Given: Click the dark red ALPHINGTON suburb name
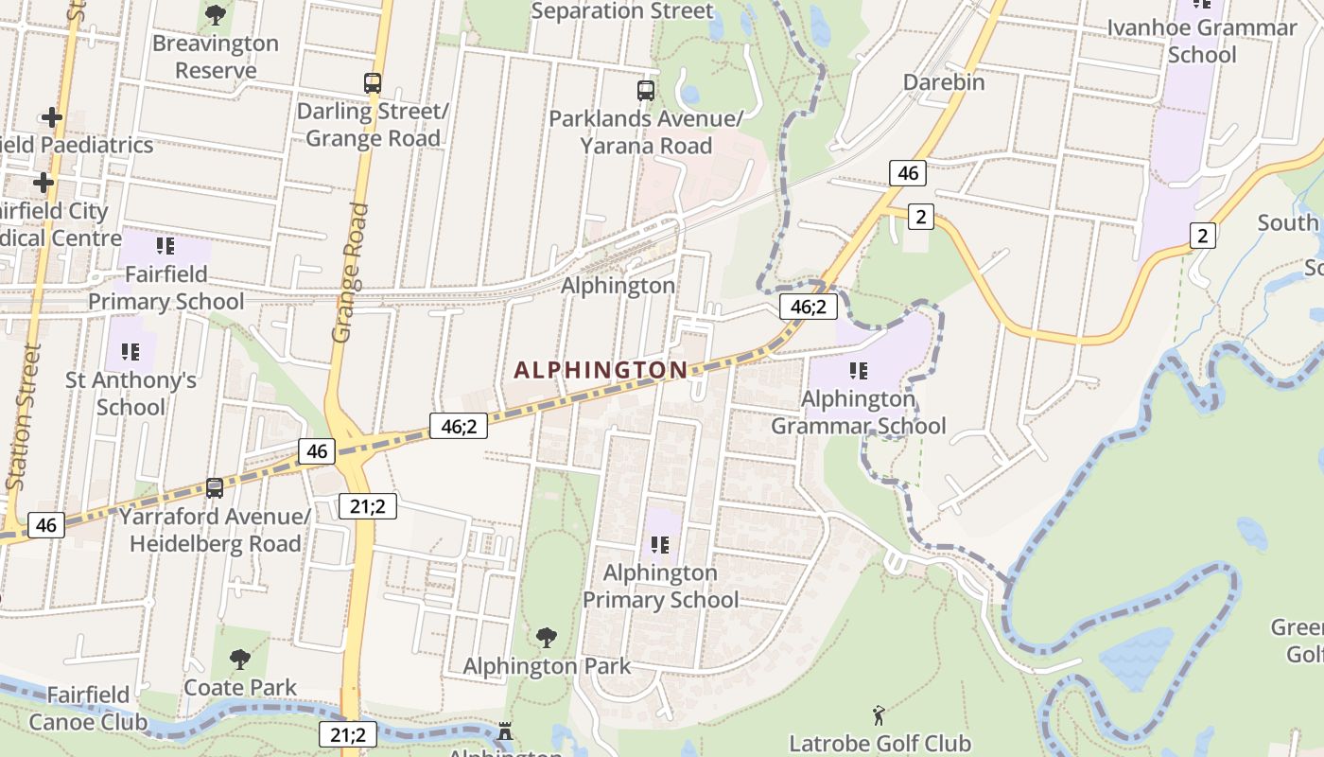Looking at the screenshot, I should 601,370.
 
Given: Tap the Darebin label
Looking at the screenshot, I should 943,82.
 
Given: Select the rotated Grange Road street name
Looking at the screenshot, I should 349,273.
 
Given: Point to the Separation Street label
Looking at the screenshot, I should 621,11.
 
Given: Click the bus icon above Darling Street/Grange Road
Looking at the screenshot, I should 373,83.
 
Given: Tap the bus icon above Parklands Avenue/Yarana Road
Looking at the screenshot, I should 646,91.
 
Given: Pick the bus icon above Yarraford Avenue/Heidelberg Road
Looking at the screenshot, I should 215,488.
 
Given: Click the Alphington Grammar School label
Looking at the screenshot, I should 858,413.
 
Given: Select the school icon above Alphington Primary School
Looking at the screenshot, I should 660,545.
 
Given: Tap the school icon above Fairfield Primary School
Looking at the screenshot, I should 165,246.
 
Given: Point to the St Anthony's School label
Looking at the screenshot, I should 131,394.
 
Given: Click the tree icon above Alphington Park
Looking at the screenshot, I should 546,638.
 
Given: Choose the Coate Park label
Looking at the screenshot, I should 240,687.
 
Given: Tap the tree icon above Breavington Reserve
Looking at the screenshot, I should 216,15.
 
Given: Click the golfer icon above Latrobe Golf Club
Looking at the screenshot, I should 879,715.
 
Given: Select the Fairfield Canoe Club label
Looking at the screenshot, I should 88,709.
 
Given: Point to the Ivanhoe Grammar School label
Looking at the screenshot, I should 1202,41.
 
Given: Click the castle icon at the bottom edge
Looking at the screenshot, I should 505,731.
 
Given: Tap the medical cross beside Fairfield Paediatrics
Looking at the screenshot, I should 52,117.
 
